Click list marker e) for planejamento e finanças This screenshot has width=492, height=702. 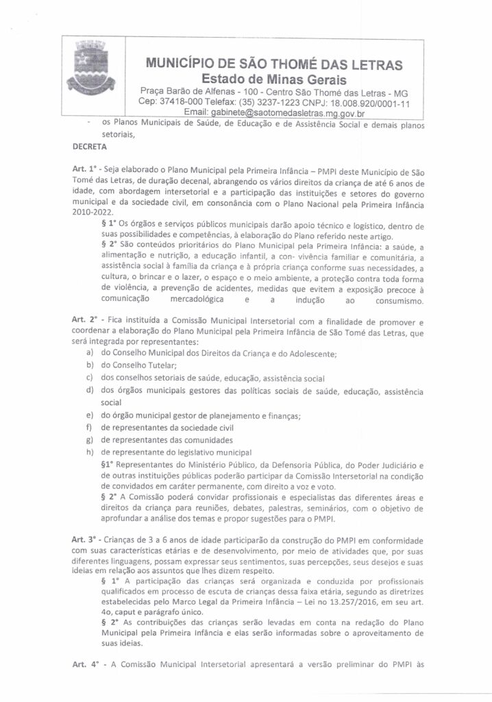click(x=90, y=415)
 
